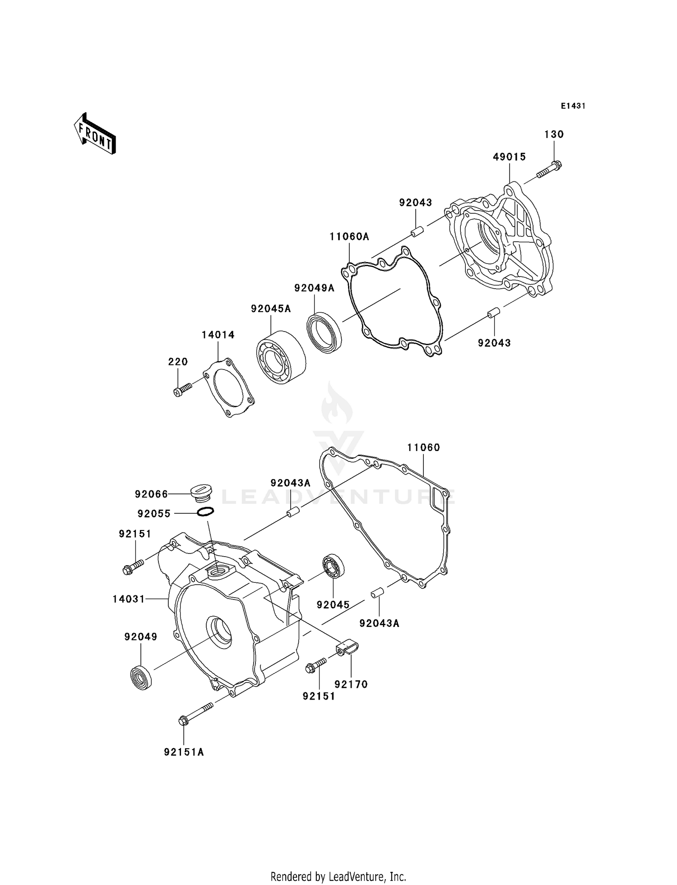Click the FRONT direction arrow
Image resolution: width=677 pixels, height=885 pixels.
pyautogui.click(x=95, y=134)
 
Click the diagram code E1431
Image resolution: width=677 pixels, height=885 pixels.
pyautogui.click(x=573, y=106)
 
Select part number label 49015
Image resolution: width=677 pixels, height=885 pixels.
pyautogui.click(x=509, y=157)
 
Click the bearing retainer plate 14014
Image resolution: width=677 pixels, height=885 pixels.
pyautogui.click(x=228, y=388)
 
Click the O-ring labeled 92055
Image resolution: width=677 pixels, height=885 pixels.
pyautogui.click(x=205, y=512)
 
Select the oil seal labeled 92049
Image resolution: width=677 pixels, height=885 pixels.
pyautogui.click(x=141, y=678)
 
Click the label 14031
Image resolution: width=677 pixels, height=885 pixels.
pyautogui.click(x=129, y=599)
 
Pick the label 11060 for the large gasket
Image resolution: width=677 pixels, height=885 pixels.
pyautogui.click(x=423, y=447)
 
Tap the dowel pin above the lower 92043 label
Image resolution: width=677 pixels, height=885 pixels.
pyautogui.click(x=493, y=312)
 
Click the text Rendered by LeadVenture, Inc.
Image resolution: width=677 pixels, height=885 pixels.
pyautogui.click(x=338, y=877)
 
